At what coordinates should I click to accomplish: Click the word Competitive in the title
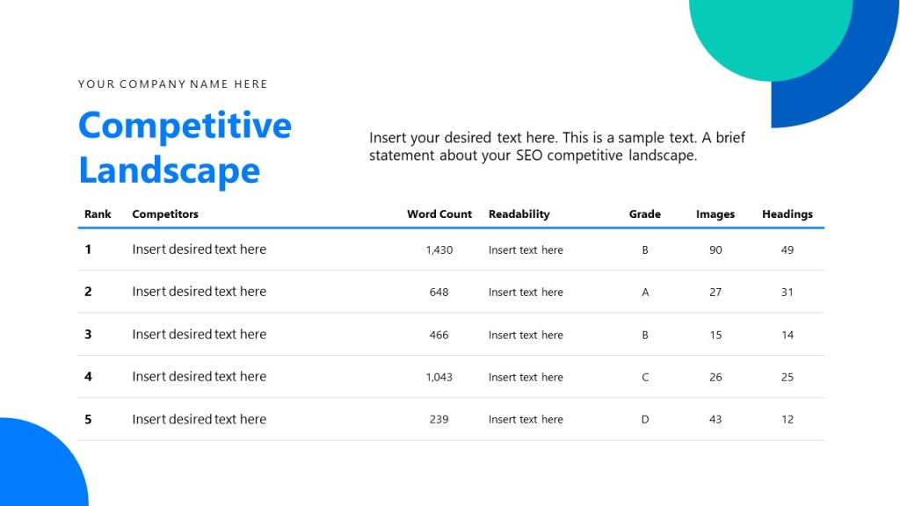coord(185,126)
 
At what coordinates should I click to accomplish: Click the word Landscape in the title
coord(169,170)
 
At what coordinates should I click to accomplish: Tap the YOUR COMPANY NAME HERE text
coord(172,84)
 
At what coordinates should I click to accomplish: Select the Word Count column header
coord(439,214)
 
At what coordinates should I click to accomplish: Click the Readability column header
coord(519,214)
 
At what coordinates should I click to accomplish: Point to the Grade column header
coord(644,214)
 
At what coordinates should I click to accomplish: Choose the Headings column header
coord(787,214)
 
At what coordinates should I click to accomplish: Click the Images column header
coord(715,214)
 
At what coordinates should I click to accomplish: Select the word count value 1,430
coord(439,250)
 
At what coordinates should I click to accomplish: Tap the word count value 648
coord(439,293)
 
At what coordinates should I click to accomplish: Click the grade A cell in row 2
coord(645,293)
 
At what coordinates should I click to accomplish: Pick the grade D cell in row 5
coord(645,420)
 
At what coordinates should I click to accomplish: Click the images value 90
coord(715,250)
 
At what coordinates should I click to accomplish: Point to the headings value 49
coord(787,250)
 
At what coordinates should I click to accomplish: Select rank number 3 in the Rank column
coord(88,335)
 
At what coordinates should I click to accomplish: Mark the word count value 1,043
coord(439,378)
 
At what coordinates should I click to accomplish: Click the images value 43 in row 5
coord(715,420)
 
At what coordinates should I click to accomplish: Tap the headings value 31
coord(787,293)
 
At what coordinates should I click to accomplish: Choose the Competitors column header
coord(165,214)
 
